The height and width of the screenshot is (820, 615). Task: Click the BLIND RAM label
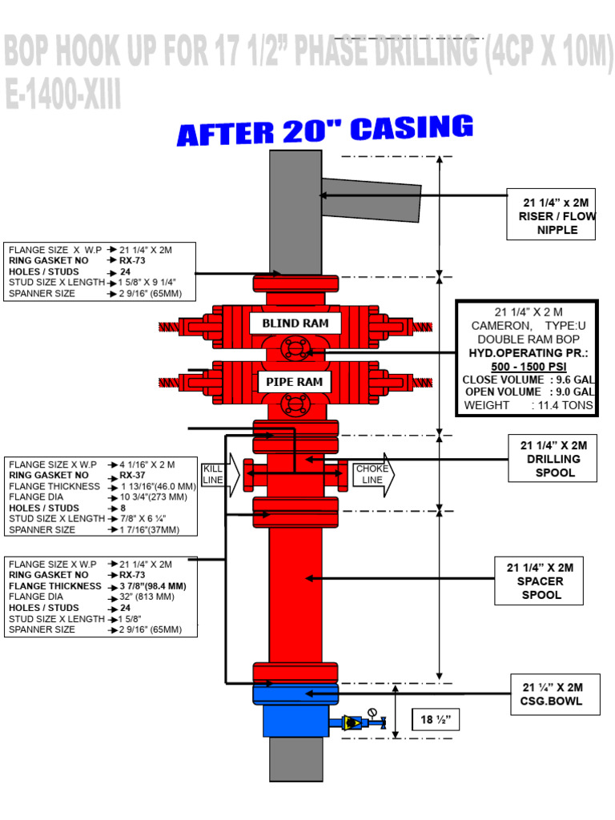pyautogui.click(x=295, y=324)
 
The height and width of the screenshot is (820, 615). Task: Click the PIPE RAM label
pyautogui.click(x=295, y=382)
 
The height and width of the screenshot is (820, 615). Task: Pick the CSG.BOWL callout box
pyautogui.click(x=553, y=694)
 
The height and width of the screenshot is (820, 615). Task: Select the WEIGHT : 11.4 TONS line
pyautogui.click(x=527, y=405)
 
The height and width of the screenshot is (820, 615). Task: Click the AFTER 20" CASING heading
pyautogui.click(x=325, y=131)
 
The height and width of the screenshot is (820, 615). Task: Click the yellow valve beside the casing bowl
pyautogui.click(x=351, y=722)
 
